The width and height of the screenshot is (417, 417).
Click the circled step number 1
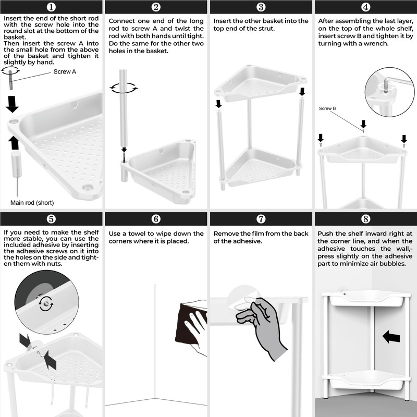(x=51, y=7)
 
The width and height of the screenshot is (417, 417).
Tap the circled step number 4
(x=366, y=7)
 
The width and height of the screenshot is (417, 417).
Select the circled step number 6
(x=156, y=219)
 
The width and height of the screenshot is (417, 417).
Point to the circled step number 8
(x=366, y=219)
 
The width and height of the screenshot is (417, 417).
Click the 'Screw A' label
(x=65, y=72)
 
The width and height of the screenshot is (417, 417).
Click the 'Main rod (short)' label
(x=32, y=203)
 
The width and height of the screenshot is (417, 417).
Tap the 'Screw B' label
(x=327, y=108)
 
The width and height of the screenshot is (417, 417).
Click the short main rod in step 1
(x=16, y=164)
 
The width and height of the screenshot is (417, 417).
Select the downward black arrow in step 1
(x=12, y=104)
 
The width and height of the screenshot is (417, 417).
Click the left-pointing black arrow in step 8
(x=391, y=337)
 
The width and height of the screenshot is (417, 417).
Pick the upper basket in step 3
(x=261, y=83)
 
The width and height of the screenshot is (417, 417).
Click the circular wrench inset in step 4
(x=389, y=92)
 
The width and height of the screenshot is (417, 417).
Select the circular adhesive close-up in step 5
(x=46, y=302)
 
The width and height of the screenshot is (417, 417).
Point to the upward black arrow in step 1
(x=14, y=143)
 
